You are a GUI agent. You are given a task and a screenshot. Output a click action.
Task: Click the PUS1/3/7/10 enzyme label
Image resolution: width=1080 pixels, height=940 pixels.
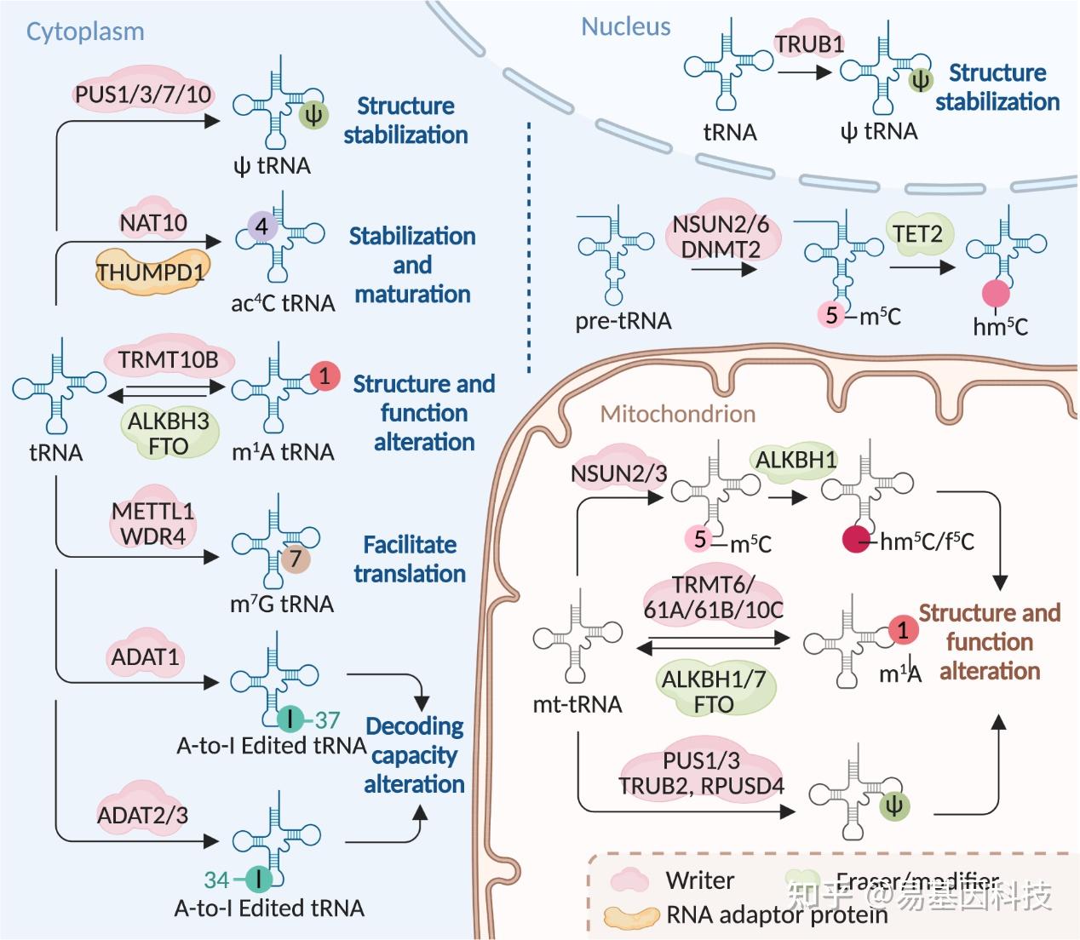(x=142, y=94)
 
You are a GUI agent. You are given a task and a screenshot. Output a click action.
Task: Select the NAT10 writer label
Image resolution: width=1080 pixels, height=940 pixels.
(x=153, y=223)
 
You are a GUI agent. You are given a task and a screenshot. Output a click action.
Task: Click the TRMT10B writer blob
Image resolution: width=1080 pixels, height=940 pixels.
(x=168, y=360)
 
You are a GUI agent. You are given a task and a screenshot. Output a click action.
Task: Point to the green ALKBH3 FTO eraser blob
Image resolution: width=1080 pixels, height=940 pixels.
(x=168, y=433)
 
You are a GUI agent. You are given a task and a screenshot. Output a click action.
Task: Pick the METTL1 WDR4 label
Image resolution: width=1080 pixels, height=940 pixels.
(x=153, y=524)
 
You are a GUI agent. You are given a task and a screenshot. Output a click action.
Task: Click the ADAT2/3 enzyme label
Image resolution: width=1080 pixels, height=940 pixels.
(x=142, y=815)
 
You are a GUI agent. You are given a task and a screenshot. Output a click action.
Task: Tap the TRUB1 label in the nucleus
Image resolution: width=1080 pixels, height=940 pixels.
(x=809, y=43)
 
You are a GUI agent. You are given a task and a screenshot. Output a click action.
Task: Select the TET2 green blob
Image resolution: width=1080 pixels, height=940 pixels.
(x=917, y=233)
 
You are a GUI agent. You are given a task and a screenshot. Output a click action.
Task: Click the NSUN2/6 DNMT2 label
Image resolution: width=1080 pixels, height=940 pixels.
(x=721, y=237)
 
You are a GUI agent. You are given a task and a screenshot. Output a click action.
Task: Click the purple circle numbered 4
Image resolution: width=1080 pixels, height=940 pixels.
(x=262, y=226)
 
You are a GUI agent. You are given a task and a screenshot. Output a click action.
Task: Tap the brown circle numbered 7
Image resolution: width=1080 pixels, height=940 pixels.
(x=296, y=559)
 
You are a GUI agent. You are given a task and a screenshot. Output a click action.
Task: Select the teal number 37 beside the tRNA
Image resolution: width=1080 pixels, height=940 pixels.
(x=327, y=720)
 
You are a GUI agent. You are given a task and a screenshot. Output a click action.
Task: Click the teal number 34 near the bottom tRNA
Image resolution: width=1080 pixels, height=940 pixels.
(x=216, y=880)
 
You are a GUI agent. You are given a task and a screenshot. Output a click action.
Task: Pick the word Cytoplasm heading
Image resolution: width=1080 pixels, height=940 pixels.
(x=85, y=32)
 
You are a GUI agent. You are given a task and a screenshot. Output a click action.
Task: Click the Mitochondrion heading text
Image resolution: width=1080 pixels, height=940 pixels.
(x=678, y=415)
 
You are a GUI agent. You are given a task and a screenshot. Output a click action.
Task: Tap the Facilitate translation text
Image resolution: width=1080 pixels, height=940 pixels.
(x=410, y=559)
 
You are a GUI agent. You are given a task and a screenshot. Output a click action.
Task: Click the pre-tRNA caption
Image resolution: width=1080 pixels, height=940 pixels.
(x=623, y=321)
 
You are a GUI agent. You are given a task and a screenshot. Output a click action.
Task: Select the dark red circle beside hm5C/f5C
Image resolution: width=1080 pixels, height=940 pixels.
(x=856, y=541)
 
